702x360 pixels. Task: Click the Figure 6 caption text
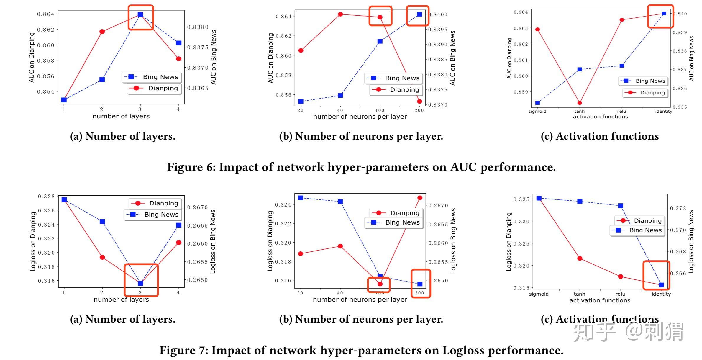pos(361,167)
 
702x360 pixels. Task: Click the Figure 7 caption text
pos(361,350)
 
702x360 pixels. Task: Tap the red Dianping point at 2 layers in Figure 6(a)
pos(102,32)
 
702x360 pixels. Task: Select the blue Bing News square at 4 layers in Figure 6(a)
pos(178,43)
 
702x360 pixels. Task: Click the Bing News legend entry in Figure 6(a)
pos(152,77)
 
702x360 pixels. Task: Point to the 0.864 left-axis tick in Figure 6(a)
pos(46,14)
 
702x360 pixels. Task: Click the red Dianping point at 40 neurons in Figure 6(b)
pos(340,14)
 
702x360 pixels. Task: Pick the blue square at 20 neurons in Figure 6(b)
pos(301,102)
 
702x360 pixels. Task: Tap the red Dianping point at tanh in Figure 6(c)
pos(580,103)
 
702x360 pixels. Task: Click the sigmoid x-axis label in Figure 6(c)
pos(537,111)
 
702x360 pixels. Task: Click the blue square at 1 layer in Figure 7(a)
pos(64,200)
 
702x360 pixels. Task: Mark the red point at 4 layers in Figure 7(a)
pos(178,243)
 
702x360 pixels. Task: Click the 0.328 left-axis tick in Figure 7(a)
pos(46,196)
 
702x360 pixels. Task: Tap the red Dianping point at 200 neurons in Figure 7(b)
pos(420,198)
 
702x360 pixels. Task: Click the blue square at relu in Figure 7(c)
pos(621,206)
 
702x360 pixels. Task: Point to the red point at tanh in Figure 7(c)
pos(580,258)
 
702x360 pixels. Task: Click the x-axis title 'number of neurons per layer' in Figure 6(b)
pos(360,117)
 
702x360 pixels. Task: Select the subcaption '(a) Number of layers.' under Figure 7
pos(122,319)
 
